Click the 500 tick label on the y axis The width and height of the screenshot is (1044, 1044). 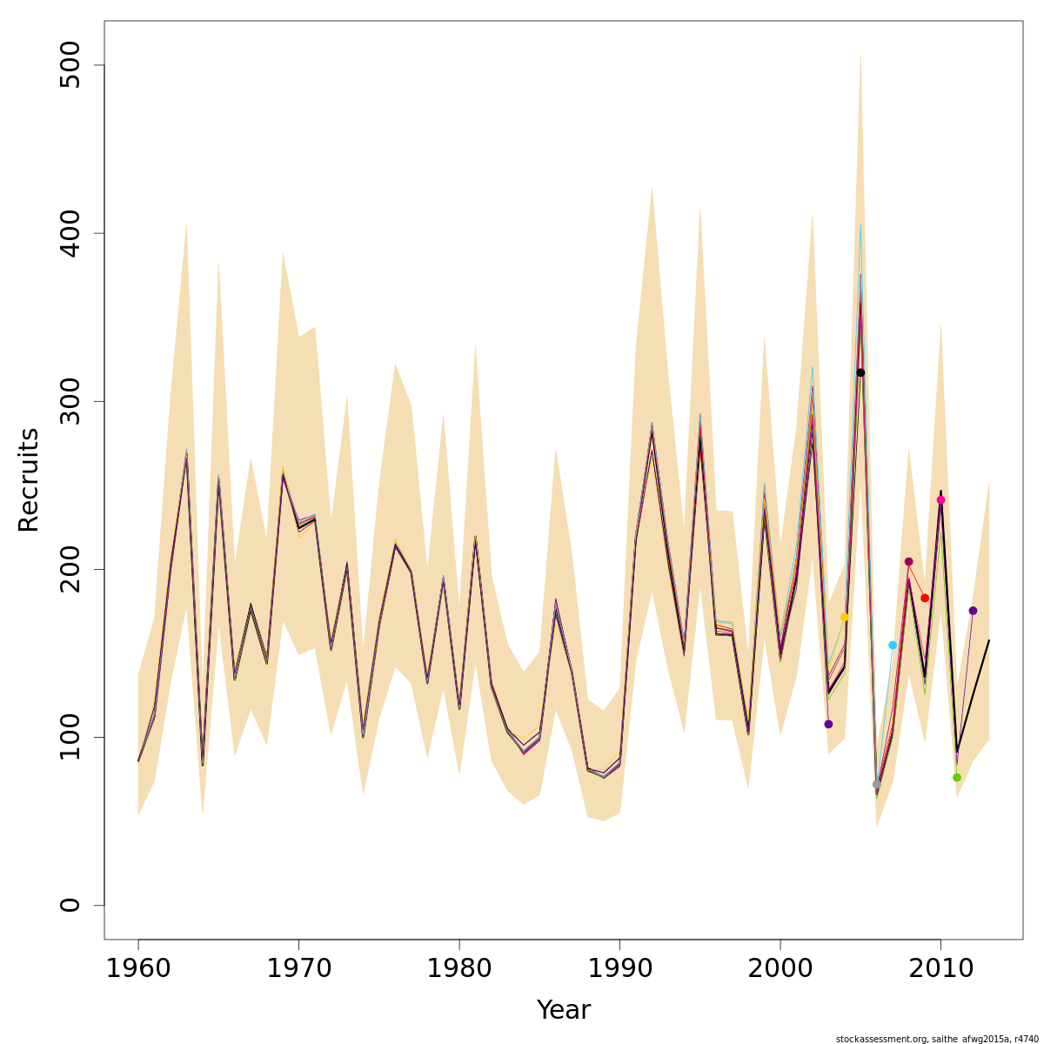pyautogui.click(x=70, y=65)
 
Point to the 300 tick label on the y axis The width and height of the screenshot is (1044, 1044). pyautogui.click(x=70, y=401)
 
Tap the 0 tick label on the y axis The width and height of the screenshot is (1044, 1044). pyautogui.click(x=70, y=905)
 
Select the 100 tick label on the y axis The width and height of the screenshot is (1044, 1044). pyautogui.click(x=70, y=737)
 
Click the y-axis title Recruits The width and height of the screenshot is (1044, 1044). pyautogui.click(x=29, y=479)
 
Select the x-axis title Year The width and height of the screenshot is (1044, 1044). pyautogui.click(x=564, y=1010)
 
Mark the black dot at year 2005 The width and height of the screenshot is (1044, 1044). pyautogui.click(x=860, y=372)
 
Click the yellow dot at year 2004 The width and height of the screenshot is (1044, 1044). pyautogui.click(x=844, y=617)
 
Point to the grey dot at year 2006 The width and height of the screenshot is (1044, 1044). pyautogui.click(x=877, y=784)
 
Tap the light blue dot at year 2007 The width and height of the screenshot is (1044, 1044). pyautogui.click(x=893, y=645)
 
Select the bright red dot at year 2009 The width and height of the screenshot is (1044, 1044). pyautogui.click(x=925, y=598)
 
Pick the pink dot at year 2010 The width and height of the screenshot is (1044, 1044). pyautogui.click(x=940, y=500)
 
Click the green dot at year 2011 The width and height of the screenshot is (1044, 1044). pyautogui.click(x=957, y=777)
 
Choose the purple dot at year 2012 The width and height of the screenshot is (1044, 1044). pyautogui.click(x=973, y=611)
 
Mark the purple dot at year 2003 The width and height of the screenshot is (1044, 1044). pyautogui.click(x=828, y=724)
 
